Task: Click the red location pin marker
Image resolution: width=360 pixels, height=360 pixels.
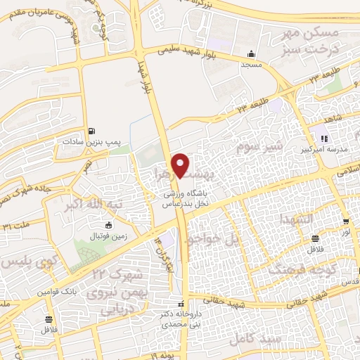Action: coord(181,165)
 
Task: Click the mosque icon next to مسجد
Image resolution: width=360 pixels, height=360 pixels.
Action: coord(251,54)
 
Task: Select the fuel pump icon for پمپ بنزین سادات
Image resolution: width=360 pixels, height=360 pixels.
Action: coord(91,131)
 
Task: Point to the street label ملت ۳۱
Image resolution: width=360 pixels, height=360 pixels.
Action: coord(18,226)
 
